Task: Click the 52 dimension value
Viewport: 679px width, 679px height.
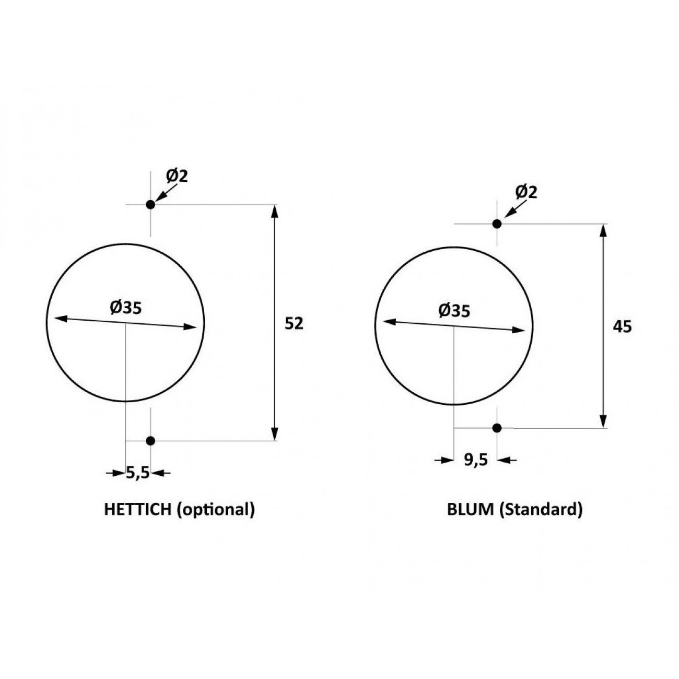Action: click(294, 323)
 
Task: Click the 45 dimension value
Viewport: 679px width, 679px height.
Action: click(622, 327)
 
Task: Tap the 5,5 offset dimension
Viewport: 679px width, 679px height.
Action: click(138, 473)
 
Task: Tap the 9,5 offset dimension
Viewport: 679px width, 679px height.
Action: click(476, 460)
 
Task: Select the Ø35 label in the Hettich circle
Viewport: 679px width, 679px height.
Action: click(126, 308)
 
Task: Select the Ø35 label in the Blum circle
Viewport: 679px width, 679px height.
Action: click(454, 311)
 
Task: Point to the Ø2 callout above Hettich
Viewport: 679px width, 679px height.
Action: click(177, 176)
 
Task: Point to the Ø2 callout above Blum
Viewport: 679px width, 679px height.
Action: click(526, 192)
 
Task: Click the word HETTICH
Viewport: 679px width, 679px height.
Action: click(138, 510)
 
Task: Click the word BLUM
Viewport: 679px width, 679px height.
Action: click(471, 510)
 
